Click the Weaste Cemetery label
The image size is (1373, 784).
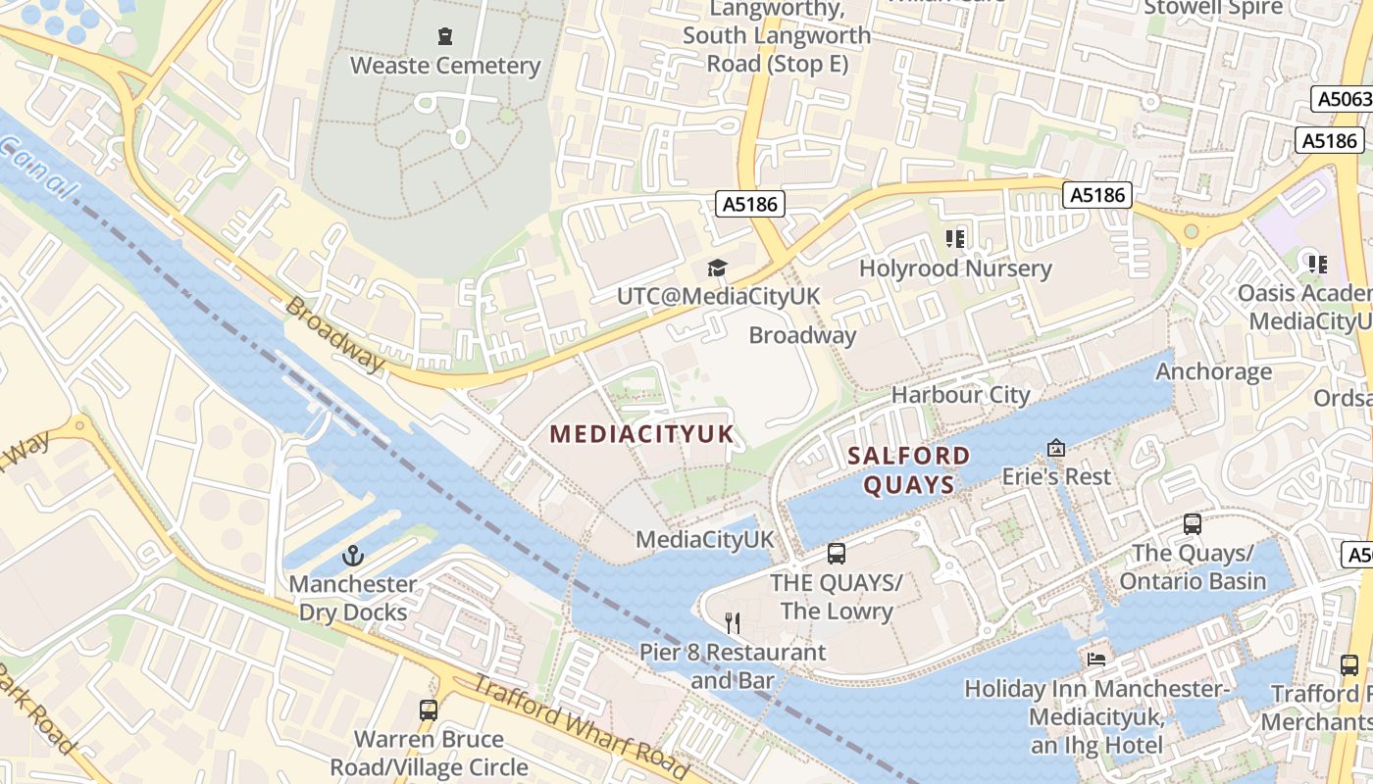[446, 66]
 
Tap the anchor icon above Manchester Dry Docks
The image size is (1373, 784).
[352, 556]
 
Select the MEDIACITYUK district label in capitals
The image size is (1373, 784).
[641, 433]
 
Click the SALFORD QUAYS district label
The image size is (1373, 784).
[908, 469]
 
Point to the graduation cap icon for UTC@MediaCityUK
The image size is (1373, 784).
[718, 268]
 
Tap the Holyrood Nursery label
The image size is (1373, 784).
[955, 268]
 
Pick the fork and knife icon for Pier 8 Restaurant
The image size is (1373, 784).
[732, 622]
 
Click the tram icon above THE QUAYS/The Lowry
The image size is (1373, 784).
[837, 554]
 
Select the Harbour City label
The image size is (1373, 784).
[960, 395]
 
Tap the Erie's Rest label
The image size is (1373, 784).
[1056, 476]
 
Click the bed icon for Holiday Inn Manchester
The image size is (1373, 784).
[1096, 660]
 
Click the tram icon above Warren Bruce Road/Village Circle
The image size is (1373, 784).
[429, 710]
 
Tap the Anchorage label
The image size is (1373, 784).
[1213, 371]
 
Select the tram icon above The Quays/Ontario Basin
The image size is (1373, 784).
[1193, 524]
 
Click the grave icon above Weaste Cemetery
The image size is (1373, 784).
[446, 37]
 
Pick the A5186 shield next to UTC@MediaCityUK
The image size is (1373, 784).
[750, 204]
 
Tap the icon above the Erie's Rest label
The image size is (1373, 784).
[1056, 448]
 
